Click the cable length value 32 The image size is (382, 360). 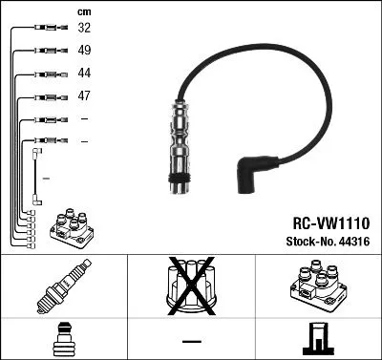[x=85, y=29]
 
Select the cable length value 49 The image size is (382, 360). [x=85, y=51]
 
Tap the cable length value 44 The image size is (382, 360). [x=85, y=74]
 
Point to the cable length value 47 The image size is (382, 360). [x=85, y=96]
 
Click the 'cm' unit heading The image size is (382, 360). [x=84, y=11]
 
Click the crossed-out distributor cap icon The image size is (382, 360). [x=191, y=286]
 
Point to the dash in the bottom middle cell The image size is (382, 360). [x=191, y=340]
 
